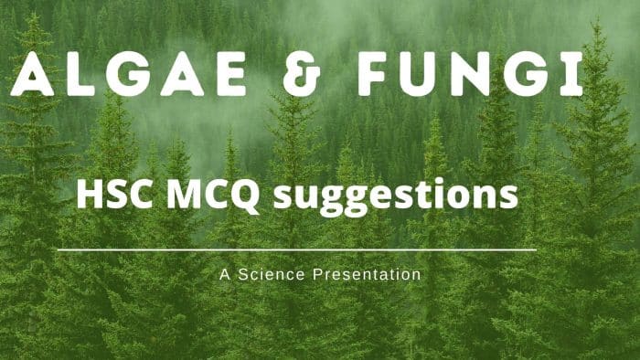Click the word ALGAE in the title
pos(128,76)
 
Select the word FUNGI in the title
pos(470,76)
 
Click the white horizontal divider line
pos(296,249)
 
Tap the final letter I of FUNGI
pos(573,76)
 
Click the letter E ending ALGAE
pos(229,76)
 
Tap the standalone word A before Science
pos(224,273)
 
